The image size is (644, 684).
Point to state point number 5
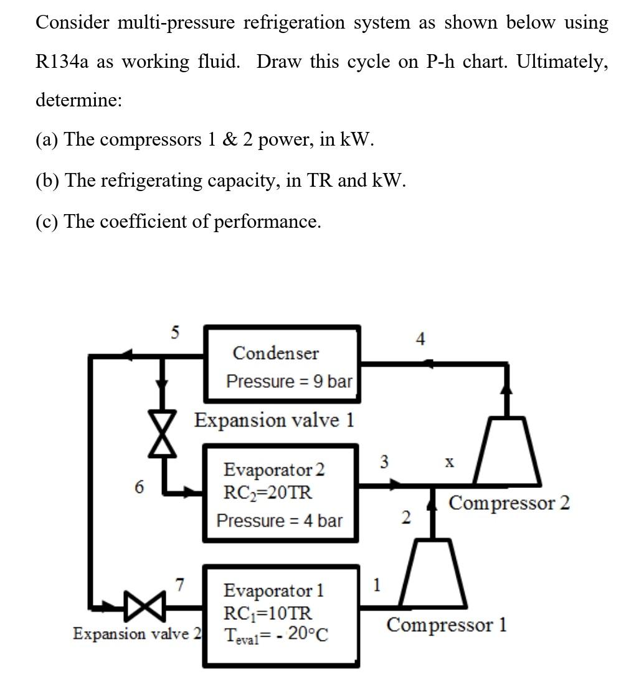[175, 333]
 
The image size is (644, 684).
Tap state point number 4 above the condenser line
[420, 339]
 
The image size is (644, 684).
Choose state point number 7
[179, 585]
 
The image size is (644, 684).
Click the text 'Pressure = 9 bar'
[289, 381]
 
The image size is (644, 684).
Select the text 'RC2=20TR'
[268, 492]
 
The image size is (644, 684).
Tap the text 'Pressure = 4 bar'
[279, 520]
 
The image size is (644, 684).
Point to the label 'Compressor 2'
[509, 502]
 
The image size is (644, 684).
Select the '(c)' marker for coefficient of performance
[47, 222]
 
